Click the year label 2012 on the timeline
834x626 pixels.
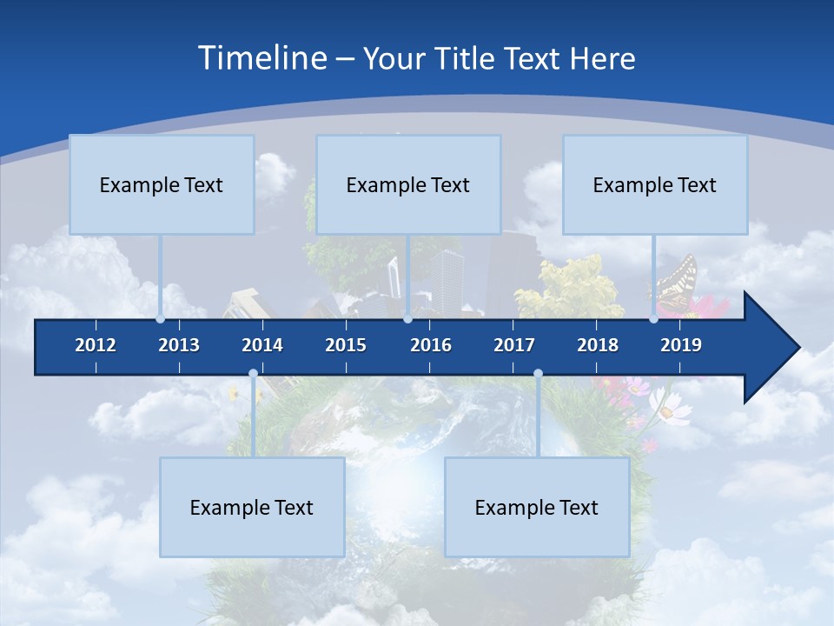pos(96,345)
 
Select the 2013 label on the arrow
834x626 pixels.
pos(179,345)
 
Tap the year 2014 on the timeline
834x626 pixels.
pos(262,345)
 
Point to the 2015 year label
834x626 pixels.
pos(346,345)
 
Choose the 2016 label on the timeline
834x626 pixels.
pos(431,345)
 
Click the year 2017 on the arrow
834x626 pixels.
pos(514,345)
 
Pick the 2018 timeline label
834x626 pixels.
pos(598,345)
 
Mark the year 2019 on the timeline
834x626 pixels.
pos(681,345)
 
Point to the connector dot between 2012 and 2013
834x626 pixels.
pos(161,319)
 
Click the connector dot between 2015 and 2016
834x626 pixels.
pos(407,319)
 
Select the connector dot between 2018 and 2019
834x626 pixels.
pos(653,319)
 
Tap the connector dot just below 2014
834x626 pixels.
pos(253,374)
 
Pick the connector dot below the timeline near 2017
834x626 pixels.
pos(538,374)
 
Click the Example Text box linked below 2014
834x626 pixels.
pos(252,508)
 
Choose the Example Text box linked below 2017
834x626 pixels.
pos(537,508)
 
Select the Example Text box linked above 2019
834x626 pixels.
pos(655,185)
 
